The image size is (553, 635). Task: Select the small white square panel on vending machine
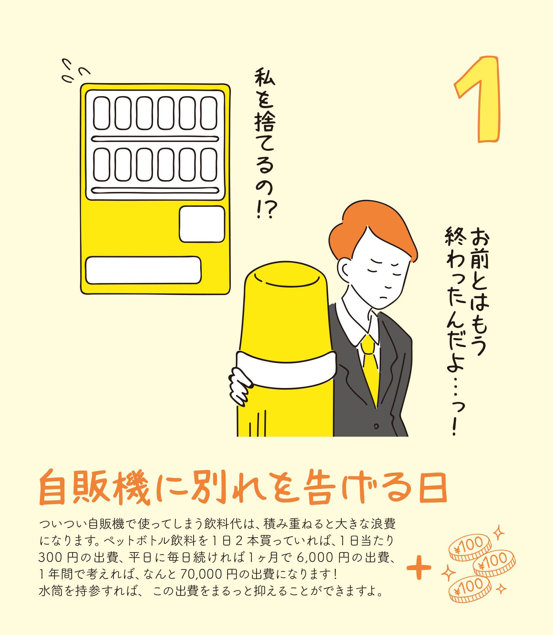(202, 224)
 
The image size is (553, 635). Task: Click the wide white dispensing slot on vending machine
(143, 270)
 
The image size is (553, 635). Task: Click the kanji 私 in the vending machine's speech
(265, 77)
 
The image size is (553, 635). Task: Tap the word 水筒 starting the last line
(51, 590)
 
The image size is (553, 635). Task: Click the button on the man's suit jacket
(376, 426)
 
